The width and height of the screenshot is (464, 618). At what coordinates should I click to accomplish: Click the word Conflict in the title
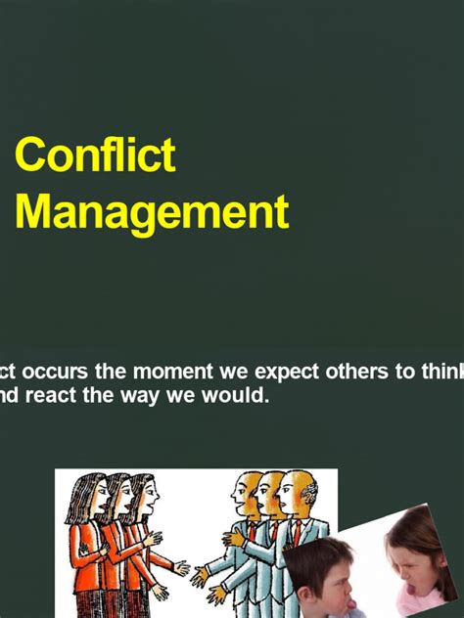(95, 155)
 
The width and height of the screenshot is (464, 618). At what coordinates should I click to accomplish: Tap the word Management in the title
(152, 211)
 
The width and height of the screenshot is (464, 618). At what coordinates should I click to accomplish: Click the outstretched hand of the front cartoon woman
(181, 567)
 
